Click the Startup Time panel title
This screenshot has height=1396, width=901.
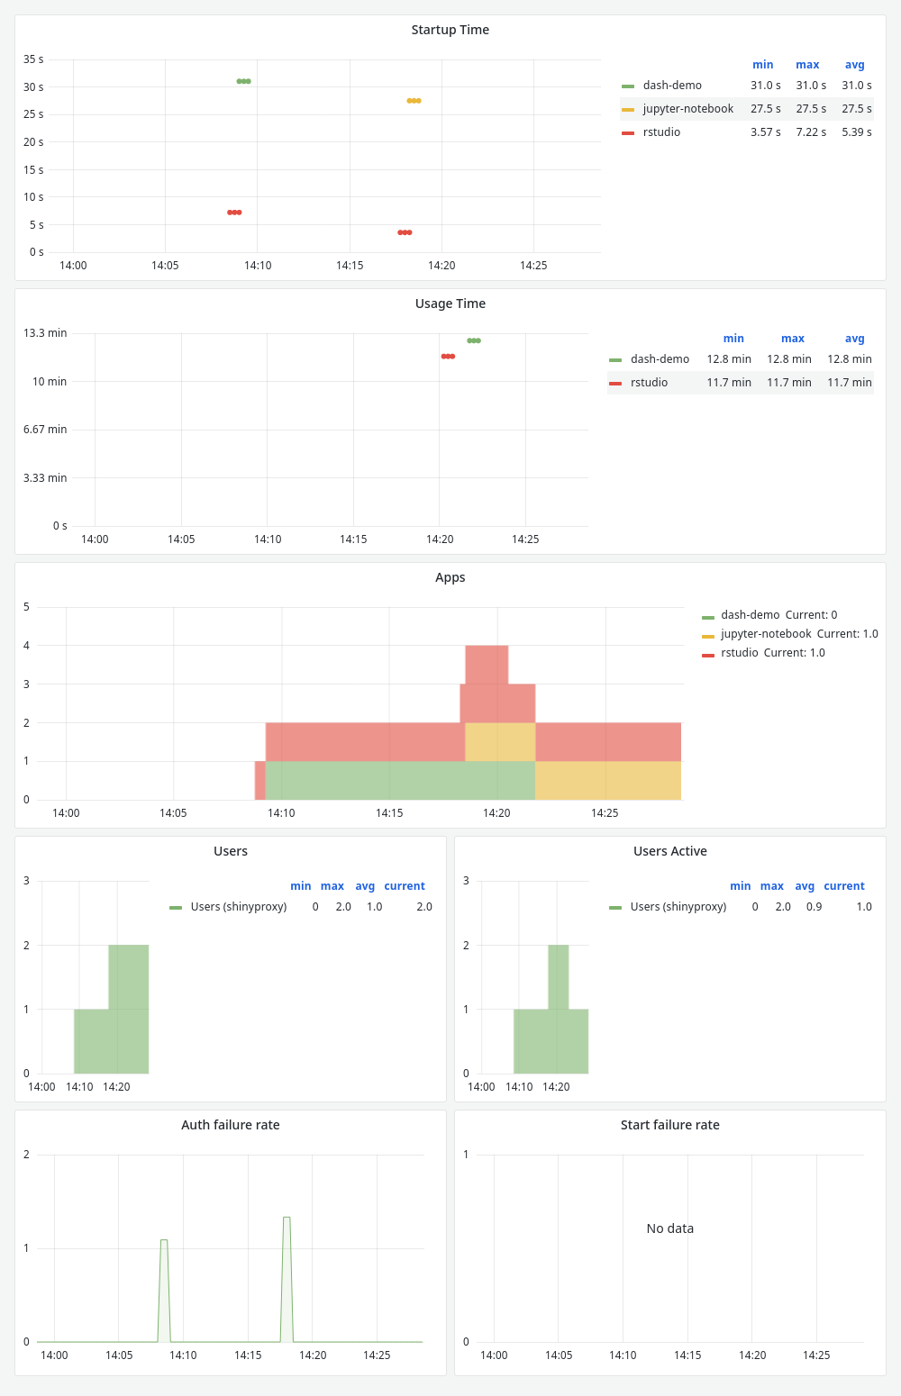(450, 30)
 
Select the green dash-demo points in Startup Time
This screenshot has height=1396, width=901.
(243, 81)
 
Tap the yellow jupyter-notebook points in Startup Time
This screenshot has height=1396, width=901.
(414, 101)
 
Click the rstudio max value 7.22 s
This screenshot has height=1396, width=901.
(811, 132)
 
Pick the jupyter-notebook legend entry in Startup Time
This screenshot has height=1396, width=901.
(687, 109)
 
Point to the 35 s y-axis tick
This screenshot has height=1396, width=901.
(34, 59)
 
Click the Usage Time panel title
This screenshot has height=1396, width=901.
(450, 304)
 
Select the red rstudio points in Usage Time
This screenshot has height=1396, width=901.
(448, 357)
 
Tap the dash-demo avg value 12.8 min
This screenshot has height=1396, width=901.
(849, 359)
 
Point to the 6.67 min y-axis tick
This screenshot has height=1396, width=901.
(45, 430)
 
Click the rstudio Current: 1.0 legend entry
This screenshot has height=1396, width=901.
(772, 653)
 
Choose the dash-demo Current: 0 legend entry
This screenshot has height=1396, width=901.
(778, 615)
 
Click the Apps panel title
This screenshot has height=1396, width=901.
(450, 577)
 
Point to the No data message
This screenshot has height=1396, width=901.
(669, 1228)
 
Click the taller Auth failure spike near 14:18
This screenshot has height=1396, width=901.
(287, 1219)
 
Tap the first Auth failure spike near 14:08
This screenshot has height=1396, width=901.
(164, 1242)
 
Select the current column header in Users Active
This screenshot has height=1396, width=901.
(843, 886)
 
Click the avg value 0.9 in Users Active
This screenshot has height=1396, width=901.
(814, 907)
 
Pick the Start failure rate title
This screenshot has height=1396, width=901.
(669, 1125)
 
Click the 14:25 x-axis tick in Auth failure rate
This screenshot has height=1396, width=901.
(377, 1355)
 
